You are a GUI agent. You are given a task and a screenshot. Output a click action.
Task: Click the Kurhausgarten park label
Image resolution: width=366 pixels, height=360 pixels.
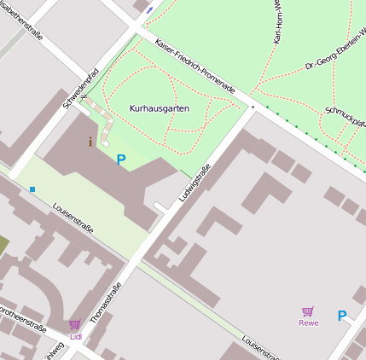pyautogui.click(x=160, y=109)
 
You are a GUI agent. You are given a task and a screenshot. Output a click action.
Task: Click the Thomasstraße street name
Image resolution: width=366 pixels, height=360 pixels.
pyautogui.click(x=106, y=304)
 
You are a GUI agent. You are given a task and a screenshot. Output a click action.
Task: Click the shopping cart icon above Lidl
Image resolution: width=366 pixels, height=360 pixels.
pyautogui.click(x=75, y=324)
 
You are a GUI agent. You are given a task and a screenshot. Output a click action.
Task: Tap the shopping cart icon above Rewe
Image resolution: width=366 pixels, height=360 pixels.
pyautogui.click(x=308, y=311)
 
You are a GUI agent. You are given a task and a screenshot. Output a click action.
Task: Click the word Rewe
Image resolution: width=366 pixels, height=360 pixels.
pyautogui.click(x=308, y=322)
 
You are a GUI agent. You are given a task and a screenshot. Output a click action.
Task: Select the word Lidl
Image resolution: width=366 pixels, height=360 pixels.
pyautogui.click(x=76, y=336)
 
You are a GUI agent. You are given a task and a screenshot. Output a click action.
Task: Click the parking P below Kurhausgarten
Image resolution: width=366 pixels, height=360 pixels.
pyautogui.click(x=121, y=159)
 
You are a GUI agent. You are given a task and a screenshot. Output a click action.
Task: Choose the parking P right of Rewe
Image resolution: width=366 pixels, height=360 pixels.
pyautogui.click(x=342, y=316)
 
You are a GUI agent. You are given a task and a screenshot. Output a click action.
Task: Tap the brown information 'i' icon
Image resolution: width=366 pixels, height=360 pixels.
pyautogui.click(x=91, y=142)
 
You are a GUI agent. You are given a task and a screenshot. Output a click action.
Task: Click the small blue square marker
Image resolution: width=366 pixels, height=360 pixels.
pyautogui.click(x=32, y=189)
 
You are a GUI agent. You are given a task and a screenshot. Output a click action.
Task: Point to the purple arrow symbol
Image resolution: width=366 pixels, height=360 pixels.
pyautogui.click(x=150, y=10)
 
